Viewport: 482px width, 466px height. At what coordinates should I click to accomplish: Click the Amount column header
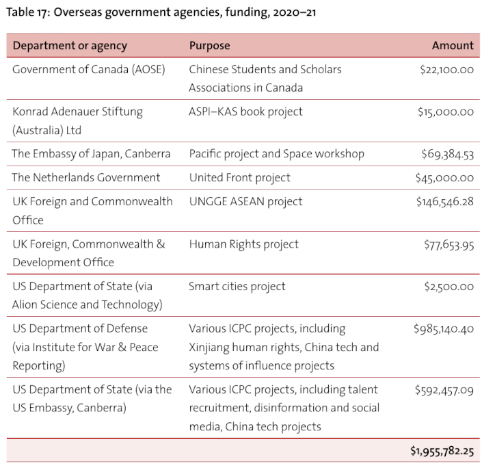pyautogui.click(x=453, y=46)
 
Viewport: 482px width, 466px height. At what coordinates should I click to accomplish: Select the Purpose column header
pyautogui.click(x=209, y=46)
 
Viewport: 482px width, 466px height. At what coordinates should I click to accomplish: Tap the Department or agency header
pyautogui.click(x=70, y=46)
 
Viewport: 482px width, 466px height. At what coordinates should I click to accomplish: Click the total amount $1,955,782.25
pyautogui.click(x=442, y=451)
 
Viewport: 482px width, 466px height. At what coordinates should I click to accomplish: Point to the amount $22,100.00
pyautogui.click(x=446, y=70)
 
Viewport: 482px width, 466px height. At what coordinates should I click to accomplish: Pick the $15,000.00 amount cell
pyautogui.click(x=446, y=112)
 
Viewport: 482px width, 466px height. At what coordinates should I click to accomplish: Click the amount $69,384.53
pyautogui.click(x=447, y=154)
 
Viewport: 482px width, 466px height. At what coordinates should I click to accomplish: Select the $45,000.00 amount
pyautogui.click(x=444, y=178)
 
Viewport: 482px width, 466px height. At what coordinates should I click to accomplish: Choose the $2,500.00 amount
pyautogui.click(x=448, y=287)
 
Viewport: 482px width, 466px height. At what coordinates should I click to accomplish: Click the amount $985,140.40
pyautogui.click(x=444, y=329)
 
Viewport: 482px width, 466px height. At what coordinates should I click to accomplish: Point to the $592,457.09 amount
pyautogui.click(x=444, y=390)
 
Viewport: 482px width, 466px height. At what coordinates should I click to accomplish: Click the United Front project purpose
pyautogui.click(x=239, y=178)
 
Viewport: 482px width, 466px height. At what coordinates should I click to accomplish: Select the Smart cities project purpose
pyautogui.click(x=237, y=287)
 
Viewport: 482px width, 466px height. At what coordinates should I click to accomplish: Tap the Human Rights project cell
pyautogui.click(x=243, y=244)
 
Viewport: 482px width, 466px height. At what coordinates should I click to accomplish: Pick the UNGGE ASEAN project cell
pyautogui.click(x=245, y=202)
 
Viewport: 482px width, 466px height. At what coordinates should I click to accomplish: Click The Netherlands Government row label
pyautogui.click(x=85, y=178)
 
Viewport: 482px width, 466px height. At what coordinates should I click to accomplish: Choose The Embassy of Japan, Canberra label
pyautogui.click(x=91, y=154)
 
